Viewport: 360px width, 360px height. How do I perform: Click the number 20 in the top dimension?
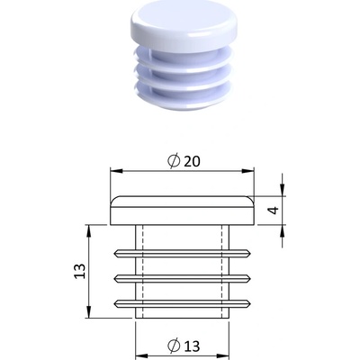tap(192, 162)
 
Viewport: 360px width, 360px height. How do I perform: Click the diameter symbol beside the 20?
tap(174, 161)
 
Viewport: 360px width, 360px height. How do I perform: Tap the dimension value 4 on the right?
tap(274, 211)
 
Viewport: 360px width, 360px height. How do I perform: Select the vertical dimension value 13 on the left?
tap(80, 271)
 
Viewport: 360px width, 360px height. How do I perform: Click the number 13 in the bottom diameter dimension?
tap(192, 346)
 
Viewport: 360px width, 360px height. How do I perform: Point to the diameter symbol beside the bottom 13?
tap(174, 346)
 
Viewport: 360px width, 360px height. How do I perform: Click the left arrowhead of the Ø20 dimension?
tap(116, 171)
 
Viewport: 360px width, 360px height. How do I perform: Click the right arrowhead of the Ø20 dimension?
tap(248, 171)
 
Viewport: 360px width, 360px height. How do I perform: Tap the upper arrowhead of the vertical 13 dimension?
tap(88, 230)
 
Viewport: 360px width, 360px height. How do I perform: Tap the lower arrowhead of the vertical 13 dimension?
tap(88, 311)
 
